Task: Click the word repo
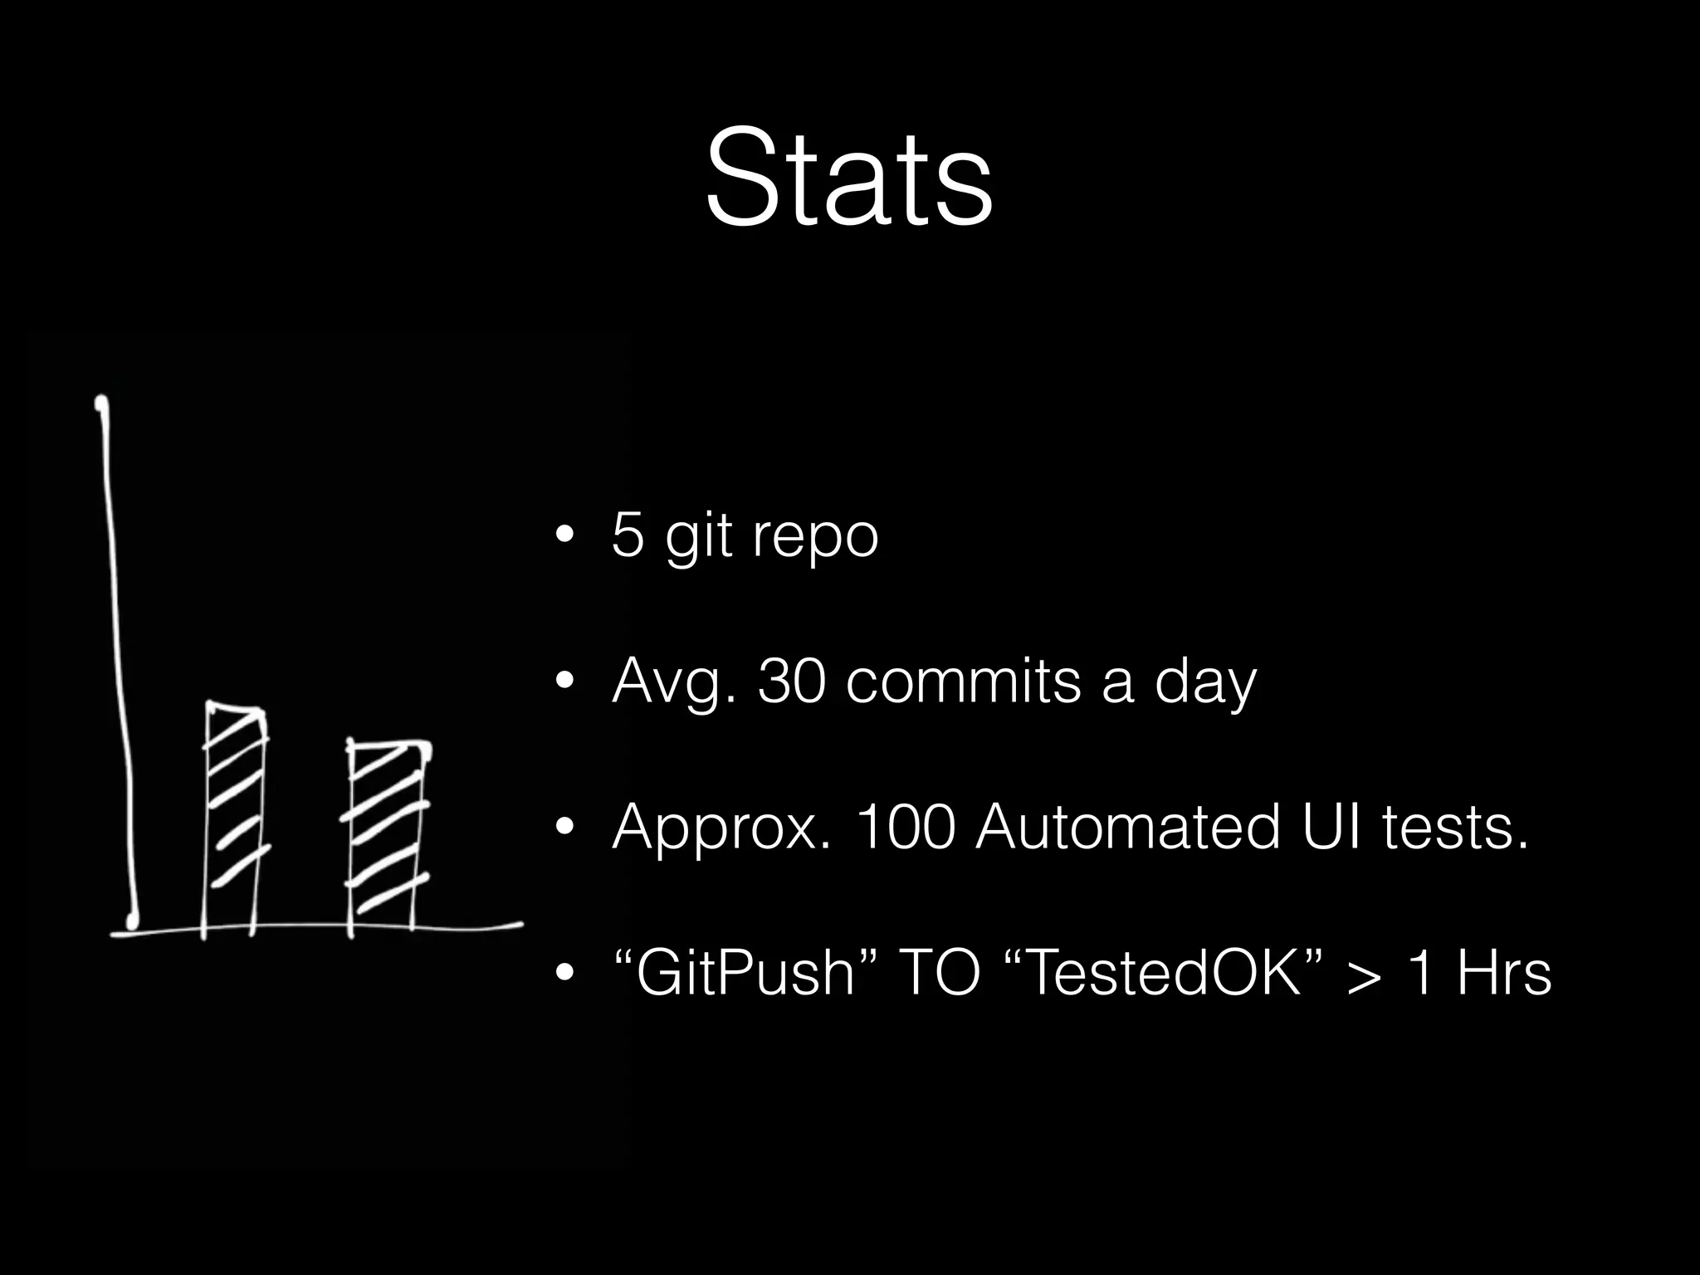coord(815,538)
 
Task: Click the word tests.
coord(1456,828)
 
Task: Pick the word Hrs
coord(1503,973)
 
